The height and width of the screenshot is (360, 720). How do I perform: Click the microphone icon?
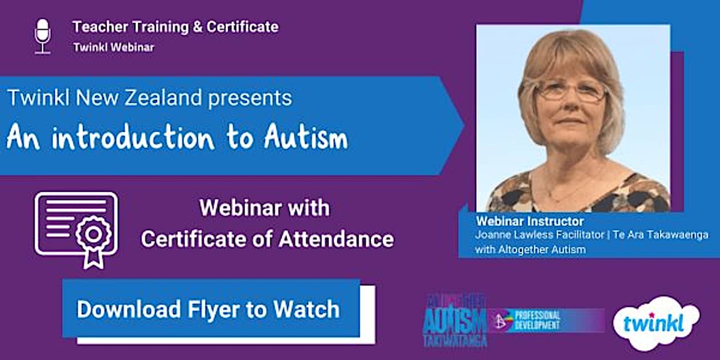(42, 36)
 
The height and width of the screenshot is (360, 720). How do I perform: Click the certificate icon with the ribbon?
(76, 228)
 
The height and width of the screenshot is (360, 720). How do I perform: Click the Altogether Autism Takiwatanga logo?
(455, 321)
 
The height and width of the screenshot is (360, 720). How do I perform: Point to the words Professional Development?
(537, 321)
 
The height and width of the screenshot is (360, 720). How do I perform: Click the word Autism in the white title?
(306, 139)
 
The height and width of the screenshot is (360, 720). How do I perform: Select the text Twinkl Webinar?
(113, 47)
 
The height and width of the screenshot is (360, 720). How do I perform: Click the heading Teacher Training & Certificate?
(175, 27)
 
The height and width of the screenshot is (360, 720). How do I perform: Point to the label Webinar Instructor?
(530, 221)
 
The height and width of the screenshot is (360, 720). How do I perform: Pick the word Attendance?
(336, 239)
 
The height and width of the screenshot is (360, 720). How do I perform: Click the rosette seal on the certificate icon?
(93, 235)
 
